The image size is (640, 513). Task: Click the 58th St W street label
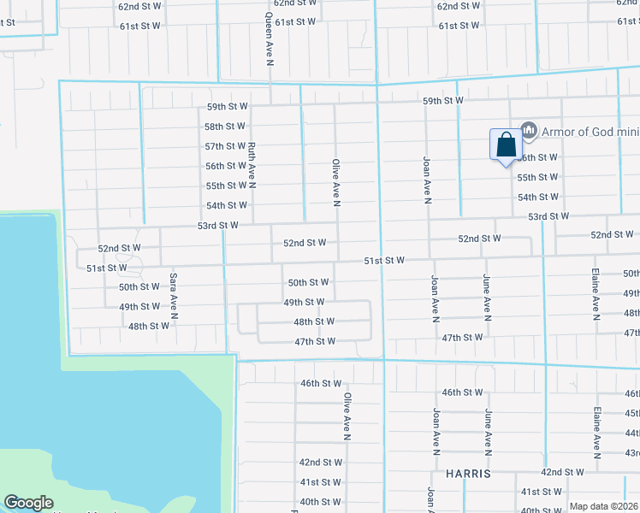pyautogui.click(x=226, y=127)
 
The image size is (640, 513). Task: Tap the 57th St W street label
pyautogui.click(x=226, y=146)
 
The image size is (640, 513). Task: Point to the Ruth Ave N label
pyautogui.click(x=252, y=164)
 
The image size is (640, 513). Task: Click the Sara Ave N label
pyautogui.click(x=173, y=296)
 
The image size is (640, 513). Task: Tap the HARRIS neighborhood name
pyautogui.click(x=468, y=473)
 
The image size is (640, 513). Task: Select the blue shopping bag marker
pyautogui.click(x=505, y=144)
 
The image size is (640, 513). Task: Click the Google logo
pyautogui.click(x=28, y=503)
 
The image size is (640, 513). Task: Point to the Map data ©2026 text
pyautogui.click(x=603, y=506)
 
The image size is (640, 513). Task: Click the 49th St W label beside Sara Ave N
pyautogui.click(x=139, y=306)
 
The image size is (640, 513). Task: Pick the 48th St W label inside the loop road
pyautogui.click(x=314, y=322)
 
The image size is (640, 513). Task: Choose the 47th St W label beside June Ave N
pyautogui.click(x=463, y=338)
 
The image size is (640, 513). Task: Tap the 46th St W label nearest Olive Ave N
pyautogui.click(x=321, y=384)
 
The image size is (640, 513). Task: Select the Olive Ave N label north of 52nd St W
pyautogui.click(x=336, y=182)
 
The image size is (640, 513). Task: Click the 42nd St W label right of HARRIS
pyautogui.click(x=562, y=472)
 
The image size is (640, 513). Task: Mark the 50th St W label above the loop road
pyautogui.click(x=308, y=282)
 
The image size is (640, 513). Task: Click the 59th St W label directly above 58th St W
pyautogui.click(x=227, y=107)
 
